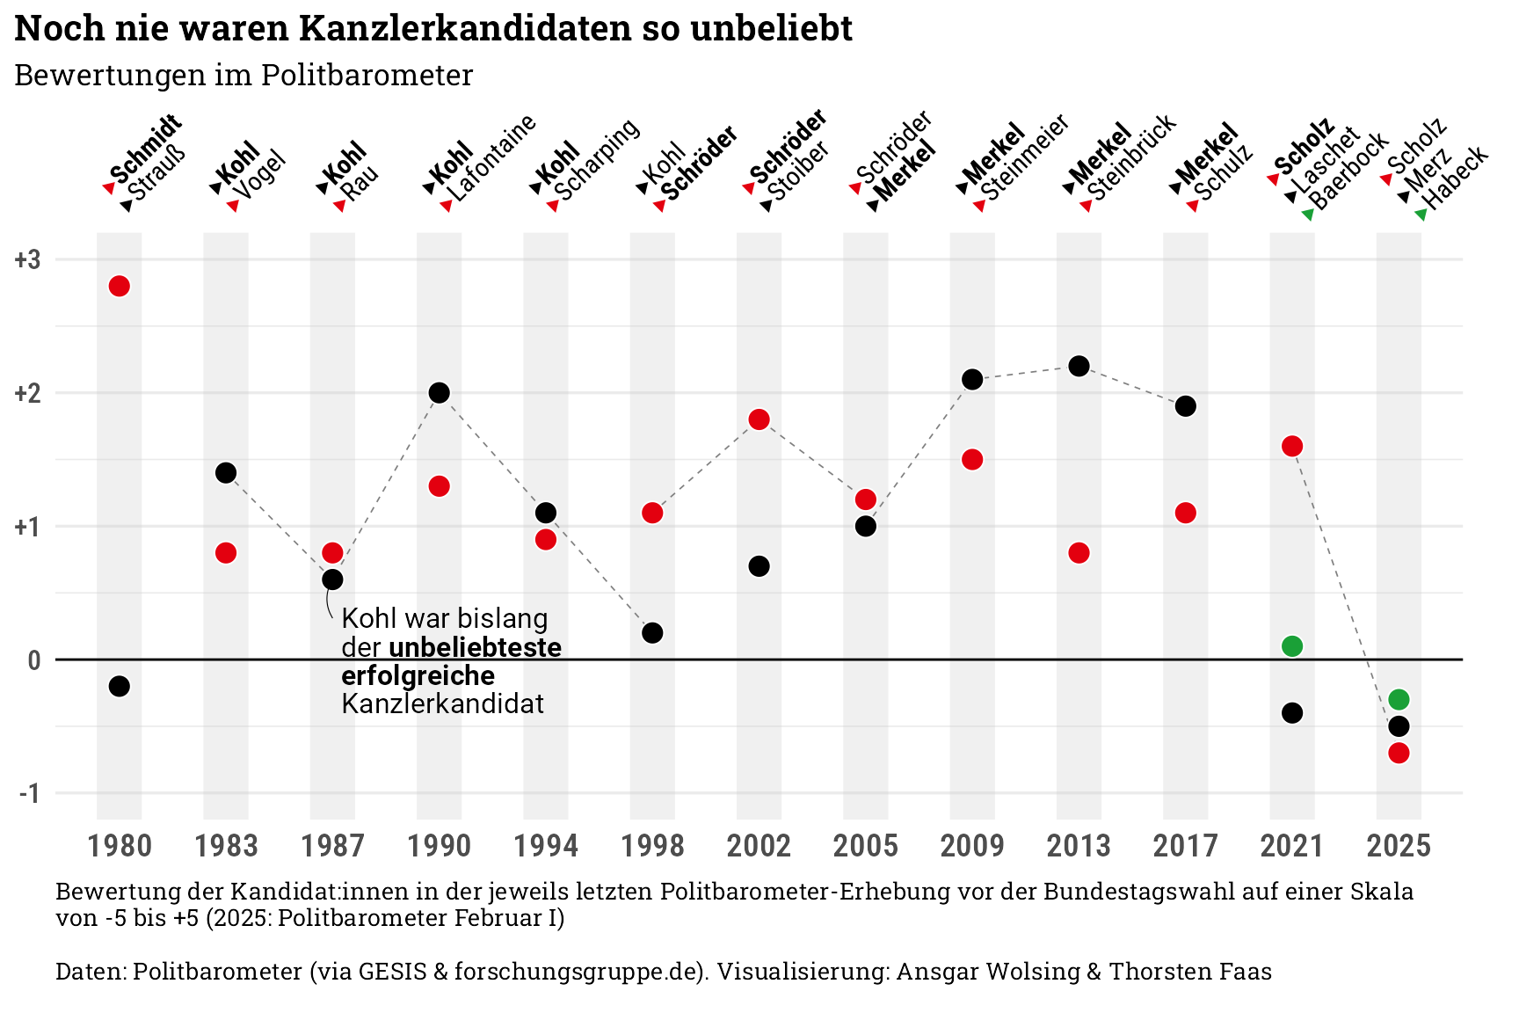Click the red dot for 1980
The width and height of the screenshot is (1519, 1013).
120,286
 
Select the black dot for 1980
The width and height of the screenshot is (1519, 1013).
120,686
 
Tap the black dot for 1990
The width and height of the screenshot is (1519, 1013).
440,392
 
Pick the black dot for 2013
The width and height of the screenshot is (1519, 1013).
1079,366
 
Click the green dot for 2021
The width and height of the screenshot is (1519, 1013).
1291,646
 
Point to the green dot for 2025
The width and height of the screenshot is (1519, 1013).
1399,699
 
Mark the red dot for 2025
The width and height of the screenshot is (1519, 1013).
1399,753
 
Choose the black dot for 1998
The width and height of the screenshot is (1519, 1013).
652,632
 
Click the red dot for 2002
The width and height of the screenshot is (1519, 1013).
759,419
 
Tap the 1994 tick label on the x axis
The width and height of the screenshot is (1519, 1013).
546,846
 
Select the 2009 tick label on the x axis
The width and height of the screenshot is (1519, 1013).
972,846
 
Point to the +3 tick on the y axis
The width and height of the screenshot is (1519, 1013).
28,259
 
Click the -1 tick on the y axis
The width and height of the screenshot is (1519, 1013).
28,793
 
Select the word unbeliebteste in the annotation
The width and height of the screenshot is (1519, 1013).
475,647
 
